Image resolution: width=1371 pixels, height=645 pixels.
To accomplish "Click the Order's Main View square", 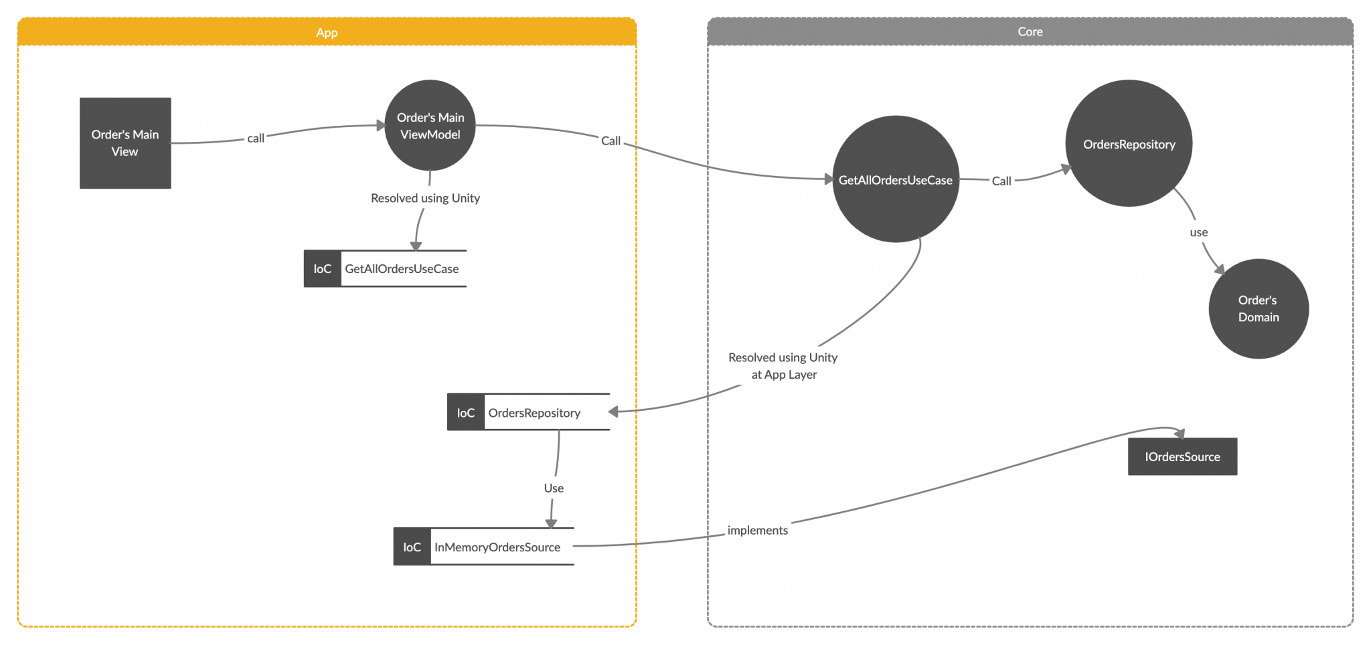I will (x=125, y=143).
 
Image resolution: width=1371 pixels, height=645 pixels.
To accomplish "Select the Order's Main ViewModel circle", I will (x=430, y=126).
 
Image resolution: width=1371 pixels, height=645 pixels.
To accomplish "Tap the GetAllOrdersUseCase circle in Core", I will (x=895, y=180).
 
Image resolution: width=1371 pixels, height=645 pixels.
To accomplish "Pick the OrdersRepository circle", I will (x=1129, y=144).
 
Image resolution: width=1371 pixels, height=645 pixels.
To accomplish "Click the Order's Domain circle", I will (x=1258, y=308).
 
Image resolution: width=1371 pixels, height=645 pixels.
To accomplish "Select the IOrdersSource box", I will (x=1182, y=457).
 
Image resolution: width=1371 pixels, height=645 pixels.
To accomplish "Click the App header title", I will (x=327, y=32).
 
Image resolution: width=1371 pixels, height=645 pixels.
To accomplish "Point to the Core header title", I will (x=1030, y=31).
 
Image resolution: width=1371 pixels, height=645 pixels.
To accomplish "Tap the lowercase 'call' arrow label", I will (x=256, y=139).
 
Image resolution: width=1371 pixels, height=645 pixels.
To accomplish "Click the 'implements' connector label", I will (x=757, y=531).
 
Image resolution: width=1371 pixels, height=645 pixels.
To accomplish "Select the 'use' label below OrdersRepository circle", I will (x=1198, y=233).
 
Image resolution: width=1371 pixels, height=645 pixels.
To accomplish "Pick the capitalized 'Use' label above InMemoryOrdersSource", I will (x=554, y=488).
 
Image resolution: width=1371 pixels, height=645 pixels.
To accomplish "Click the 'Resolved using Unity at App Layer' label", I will (x=783, y=366).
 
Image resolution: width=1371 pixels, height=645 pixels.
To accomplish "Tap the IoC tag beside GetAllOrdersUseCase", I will (x=323, y=269).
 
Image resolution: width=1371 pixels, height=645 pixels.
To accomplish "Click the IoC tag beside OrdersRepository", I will (x=466, y=413).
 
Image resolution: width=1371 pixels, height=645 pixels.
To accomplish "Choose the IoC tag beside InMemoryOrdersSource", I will (x=412, y=547).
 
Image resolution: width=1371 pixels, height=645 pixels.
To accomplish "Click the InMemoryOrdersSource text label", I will (x=497, y=547).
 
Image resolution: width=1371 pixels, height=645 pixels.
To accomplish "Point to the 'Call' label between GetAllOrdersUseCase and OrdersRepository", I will (x=1001, y=181).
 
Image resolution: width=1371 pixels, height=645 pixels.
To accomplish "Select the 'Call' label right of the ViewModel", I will (x=611, y=141).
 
